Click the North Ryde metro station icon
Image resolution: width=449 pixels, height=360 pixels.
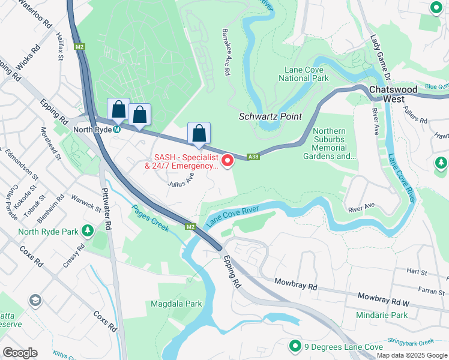coord(117,129)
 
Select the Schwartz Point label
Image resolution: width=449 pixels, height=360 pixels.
coord(270,116)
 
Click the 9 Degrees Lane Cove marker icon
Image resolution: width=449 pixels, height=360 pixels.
coord(295,346)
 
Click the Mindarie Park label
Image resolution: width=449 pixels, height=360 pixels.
coord(382,315)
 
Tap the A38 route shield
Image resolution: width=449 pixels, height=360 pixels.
coord(255,157)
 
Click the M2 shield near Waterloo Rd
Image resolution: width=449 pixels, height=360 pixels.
coord(80,46)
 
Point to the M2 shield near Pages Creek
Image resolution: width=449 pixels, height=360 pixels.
coord(190,226)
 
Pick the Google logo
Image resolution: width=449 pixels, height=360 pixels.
coord(20,353)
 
